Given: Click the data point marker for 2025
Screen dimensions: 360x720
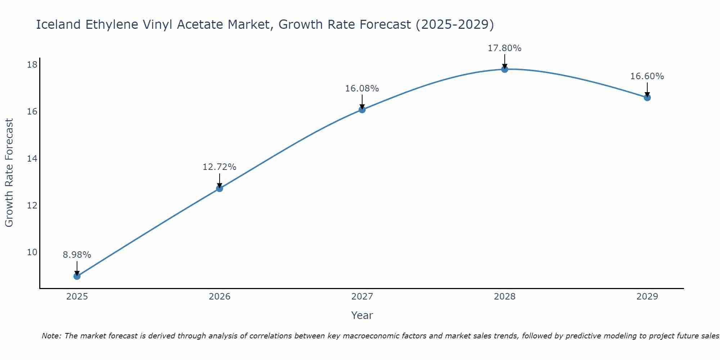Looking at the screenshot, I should [x=77, y=276].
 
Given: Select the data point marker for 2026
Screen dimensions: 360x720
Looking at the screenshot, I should [x=220, y=188].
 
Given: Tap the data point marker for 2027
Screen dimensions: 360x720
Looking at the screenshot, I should [x=362, y=109].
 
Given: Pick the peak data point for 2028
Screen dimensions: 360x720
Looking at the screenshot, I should [x=505, y=69].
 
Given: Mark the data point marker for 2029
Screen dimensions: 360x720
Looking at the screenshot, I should [x=647, y=97].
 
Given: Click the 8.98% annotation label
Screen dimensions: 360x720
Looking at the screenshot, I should [x=77, y=255].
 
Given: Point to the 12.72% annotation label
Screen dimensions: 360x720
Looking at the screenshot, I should [x=220, y=167].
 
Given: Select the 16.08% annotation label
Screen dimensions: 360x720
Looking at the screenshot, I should [x=362, y=89].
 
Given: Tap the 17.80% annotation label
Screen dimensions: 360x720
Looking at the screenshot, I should [x=505, y=48].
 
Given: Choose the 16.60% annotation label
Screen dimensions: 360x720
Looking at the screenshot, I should [x=647, y=76].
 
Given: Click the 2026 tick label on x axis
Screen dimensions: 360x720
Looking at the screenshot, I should [x=220, y=297].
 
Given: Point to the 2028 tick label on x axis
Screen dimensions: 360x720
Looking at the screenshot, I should [x=505, y=297].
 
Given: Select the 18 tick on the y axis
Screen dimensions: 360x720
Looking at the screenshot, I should [x=32, y=65].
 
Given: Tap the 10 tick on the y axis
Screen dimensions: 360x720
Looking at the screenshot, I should [x=32, y=252].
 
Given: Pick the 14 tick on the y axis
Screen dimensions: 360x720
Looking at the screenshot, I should [x=32, y=158].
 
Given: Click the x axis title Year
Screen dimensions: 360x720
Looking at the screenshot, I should [x=362, y=315].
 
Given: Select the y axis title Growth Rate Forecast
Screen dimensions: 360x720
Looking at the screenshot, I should [x=9, y=173].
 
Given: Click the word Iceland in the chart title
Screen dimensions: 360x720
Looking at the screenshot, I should [x=58, y=25].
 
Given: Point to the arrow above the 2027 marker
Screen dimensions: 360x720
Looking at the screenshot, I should [x=362, y=102].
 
